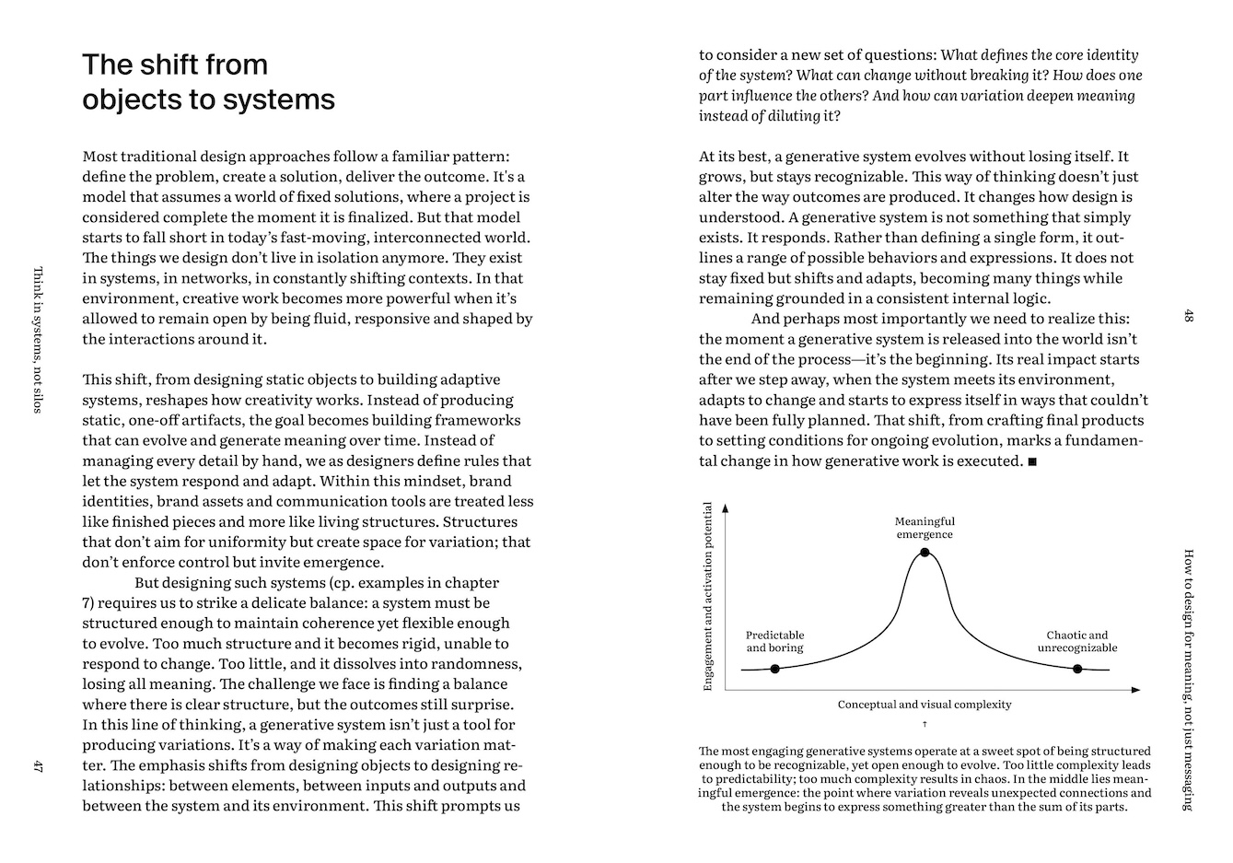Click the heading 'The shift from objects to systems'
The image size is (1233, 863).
[208, 81]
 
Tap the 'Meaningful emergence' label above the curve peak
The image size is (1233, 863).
[925, 528]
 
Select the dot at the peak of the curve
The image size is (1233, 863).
[925, 553]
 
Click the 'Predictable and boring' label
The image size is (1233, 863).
[774, 641]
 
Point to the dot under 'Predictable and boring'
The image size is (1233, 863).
[774, 669]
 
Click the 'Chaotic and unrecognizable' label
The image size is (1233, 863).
[1077, 641]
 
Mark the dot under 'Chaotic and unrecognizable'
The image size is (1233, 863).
[1077, 669]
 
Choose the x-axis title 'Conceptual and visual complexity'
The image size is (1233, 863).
[924, 705]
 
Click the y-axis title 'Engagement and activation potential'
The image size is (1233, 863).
[708, 596]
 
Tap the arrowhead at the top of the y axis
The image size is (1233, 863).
[726, 507]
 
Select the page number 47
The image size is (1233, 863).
[38, 765]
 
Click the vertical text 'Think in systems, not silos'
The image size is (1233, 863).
[38, 340]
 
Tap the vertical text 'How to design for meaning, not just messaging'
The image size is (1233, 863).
[1188, 680]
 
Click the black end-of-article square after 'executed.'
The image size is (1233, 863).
[1032, 461]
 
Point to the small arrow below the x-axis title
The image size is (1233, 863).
[924, 724]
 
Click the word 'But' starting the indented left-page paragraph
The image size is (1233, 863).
[148, 583]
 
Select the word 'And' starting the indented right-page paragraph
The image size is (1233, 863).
[766, 320]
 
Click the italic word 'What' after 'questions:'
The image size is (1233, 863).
[959, 55]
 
